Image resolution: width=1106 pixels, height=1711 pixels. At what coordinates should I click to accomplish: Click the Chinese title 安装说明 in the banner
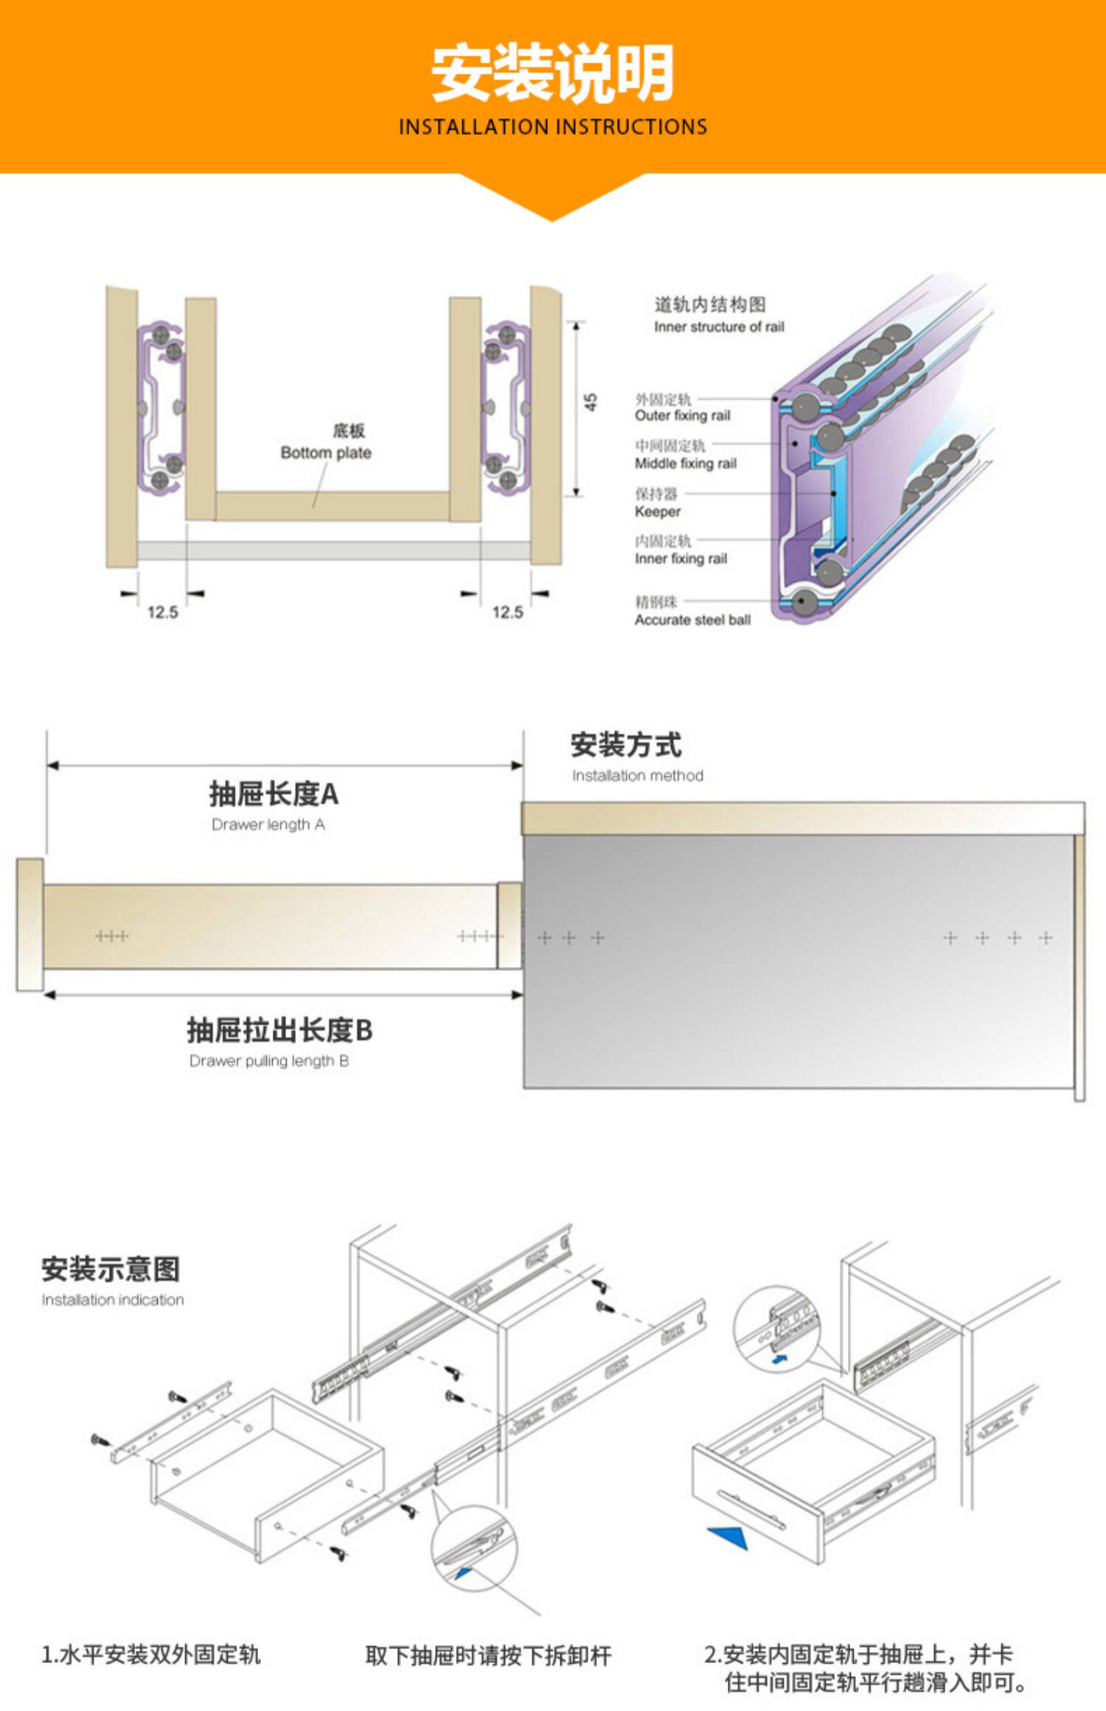pyautogui.click(x=552, y=73)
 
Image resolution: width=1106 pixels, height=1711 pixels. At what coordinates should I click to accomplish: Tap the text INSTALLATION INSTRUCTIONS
pyautogui.click(x=552, y=127)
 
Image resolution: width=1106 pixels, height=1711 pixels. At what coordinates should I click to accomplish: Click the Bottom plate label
pyautogui.click(x=326, y=452)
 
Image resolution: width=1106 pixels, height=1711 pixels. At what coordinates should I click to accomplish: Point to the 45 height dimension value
pyautogui.click(x=591, y=402)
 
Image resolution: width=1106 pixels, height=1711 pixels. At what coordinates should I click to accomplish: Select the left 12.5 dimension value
pyautogui.click(x=162, y=612)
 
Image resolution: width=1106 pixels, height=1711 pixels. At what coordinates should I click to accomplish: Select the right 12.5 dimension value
pyautogui.click(x=507, y=612)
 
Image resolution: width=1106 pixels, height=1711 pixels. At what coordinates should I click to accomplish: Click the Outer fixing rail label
pyautogui.click(x=682, y=416)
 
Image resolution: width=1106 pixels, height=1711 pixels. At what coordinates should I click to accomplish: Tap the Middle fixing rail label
pyautogui.click(x=686, y=463)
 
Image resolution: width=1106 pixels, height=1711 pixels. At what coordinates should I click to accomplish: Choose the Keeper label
pyautogui.click(x=657, y=511)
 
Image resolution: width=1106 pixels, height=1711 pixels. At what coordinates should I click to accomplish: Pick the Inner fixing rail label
pyautogui.click(x=681, y=559)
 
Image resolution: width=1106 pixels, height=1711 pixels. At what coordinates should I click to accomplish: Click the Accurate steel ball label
pyautogui.click(x=692, y=620)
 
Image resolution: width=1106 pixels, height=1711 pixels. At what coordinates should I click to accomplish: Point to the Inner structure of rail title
pyautogui.click(x=719, y=326)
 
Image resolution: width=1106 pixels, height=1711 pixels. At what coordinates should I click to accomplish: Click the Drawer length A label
pyautogui.click(x=268, y=825)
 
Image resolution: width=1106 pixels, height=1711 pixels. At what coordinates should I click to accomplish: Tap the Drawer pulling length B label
pyautogui.click(x=269, y=1061)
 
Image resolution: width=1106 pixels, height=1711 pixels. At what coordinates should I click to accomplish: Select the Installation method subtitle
pyautogui.click(x=637, y=775)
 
